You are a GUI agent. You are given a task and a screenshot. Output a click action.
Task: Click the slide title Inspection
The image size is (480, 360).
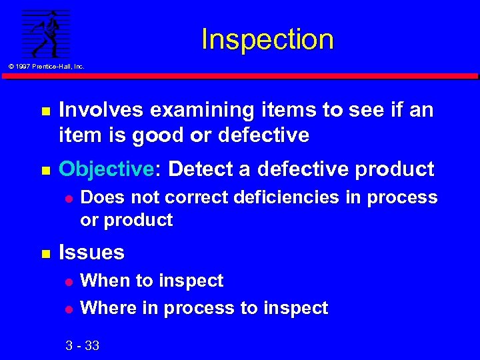(x=267, y=39)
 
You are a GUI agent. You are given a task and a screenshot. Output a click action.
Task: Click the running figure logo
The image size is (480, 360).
(x=46, y=33)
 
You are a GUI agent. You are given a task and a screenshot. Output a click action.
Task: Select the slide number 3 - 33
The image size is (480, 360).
(x=83, y=345)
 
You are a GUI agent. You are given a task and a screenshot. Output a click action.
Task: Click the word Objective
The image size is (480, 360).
(x=106, y=169)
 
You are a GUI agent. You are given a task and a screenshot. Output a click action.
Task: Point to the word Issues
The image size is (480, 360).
(x=92, y=252)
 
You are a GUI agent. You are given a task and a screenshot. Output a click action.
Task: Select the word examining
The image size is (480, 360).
(x=189, y=109)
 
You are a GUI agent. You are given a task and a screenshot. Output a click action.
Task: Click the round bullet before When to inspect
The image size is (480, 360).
(x=67, y=281)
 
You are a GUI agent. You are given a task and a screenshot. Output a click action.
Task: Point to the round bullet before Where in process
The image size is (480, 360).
(x=67, y=309)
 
